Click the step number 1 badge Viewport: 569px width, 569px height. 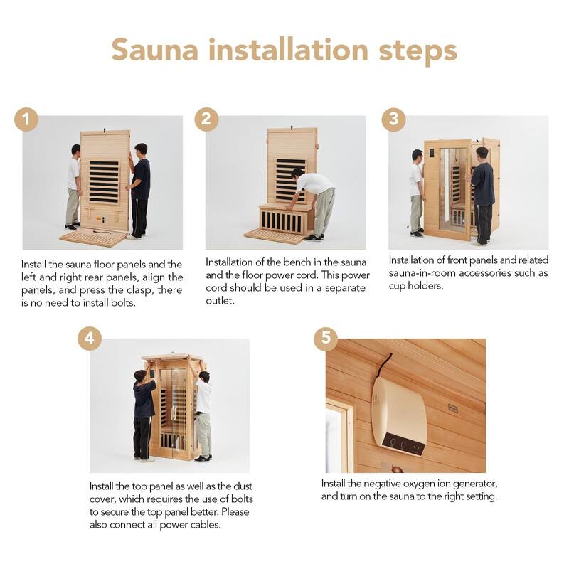(26, 119)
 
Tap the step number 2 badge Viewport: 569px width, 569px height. (206, 119)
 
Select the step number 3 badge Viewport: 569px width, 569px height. (393, 119)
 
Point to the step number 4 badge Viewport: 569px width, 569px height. (89, 339)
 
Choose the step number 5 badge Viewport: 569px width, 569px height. (326, 339)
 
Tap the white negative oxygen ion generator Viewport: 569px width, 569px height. (398, 415)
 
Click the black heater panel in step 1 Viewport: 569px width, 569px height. (104, 182)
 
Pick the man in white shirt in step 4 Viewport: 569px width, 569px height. (203, 413)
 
